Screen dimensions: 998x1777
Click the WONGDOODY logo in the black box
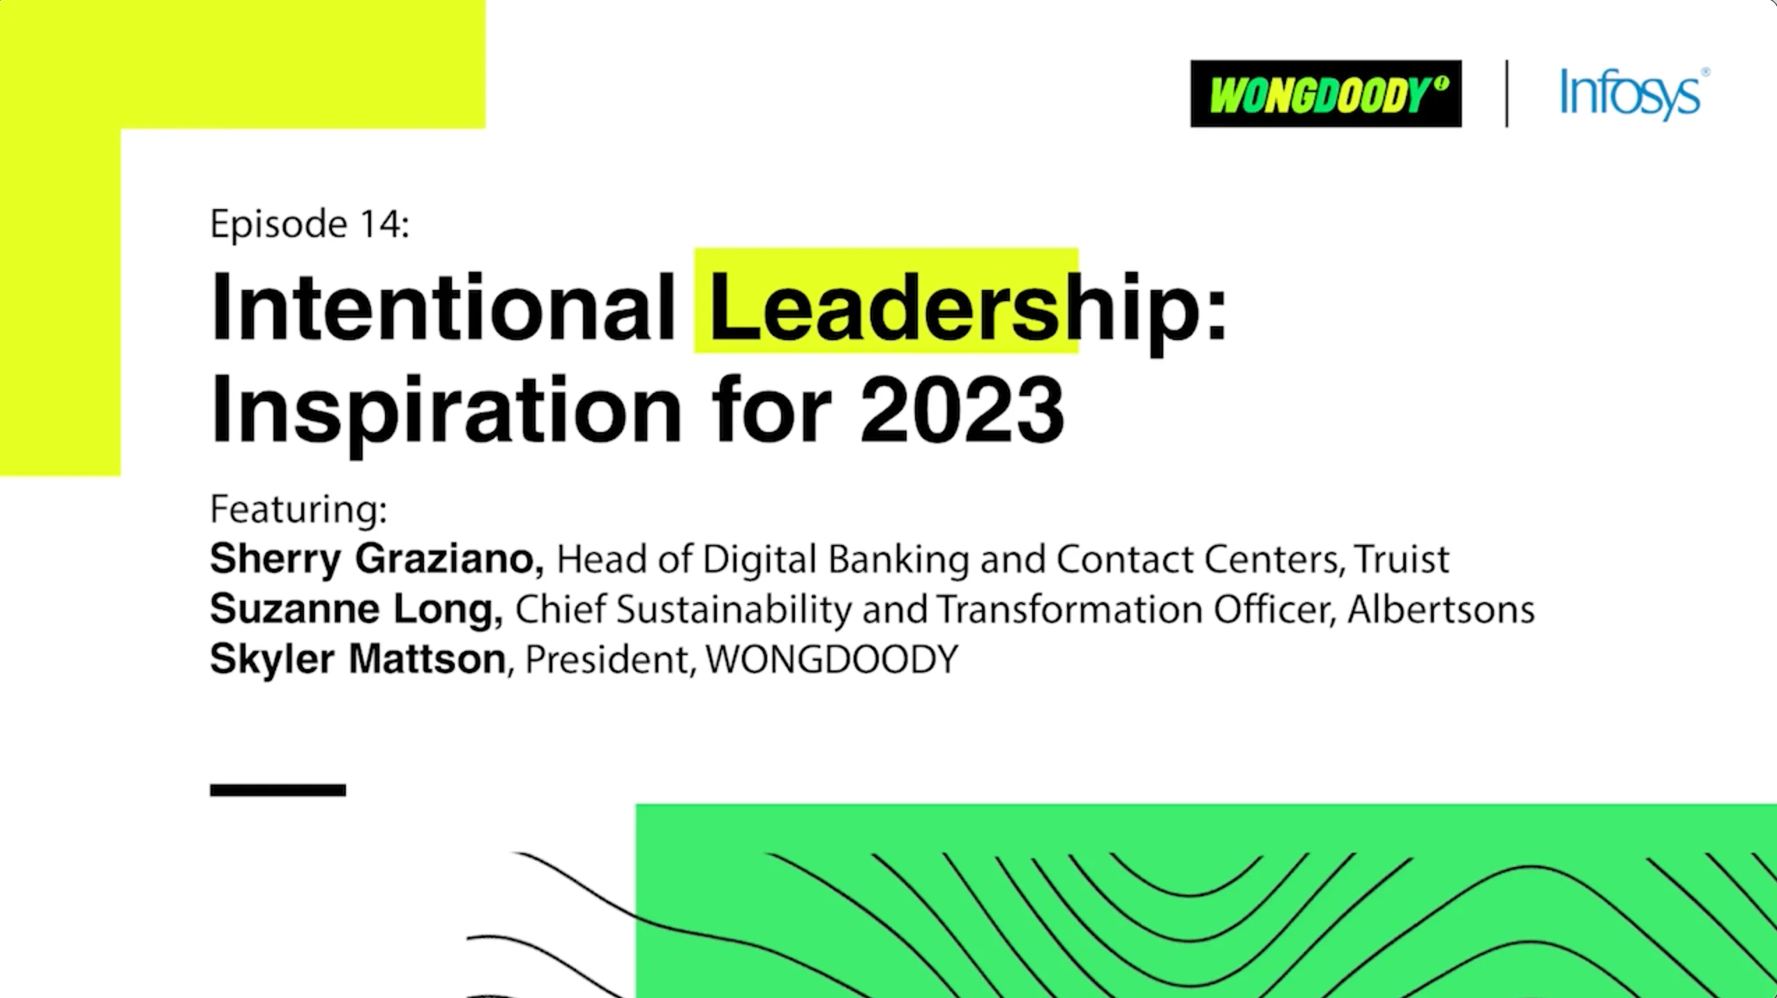1325,93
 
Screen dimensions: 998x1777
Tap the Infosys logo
1633,94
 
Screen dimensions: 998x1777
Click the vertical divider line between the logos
1507,93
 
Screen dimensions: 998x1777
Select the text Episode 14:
310,224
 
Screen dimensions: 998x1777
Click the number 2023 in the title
962,409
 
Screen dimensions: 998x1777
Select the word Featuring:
298,509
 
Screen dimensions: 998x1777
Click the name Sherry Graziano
376,559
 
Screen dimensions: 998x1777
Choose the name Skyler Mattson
358,659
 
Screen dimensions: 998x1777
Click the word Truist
1402,559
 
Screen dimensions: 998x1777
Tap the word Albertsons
1441,609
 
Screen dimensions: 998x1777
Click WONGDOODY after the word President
832,659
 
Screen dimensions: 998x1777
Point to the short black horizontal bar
278,790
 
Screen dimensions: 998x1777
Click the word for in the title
772,409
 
